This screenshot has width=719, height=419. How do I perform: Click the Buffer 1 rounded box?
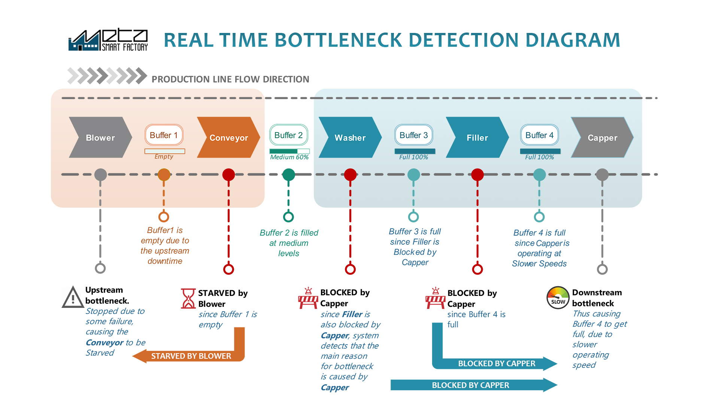tap(164, 135)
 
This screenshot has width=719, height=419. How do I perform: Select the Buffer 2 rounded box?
tap(289, 135)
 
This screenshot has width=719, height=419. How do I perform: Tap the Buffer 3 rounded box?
tap(414, 135)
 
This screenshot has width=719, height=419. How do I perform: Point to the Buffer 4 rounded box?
tap(539, 135)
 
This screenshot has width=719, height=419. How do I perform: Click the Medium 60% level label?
tap(289, 157)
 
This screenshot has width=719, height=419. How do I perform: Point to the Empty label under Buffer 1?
tap(164, 156)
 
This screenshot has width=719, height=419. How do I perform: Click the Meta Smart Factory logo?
tap(108, 40)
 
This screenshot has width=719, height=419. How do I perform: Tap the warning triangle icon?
tap(73, 297)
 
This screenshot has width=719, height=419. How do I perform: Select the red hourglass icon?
tap(188, 298)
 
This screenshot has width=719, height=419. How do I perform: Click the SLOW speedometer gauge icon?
tap(558, 298)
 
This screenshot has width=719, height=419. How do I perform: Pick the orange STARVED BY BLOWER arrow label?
tap(191, 356)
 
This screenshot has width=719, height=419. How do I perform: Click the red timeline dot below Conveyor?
tap(228, 174)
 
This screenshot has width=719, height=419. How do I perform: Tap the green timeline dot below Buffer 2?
tap(288, 174)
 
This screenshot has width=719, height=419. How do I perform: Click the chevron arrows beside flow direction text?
tap(107, 76)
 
